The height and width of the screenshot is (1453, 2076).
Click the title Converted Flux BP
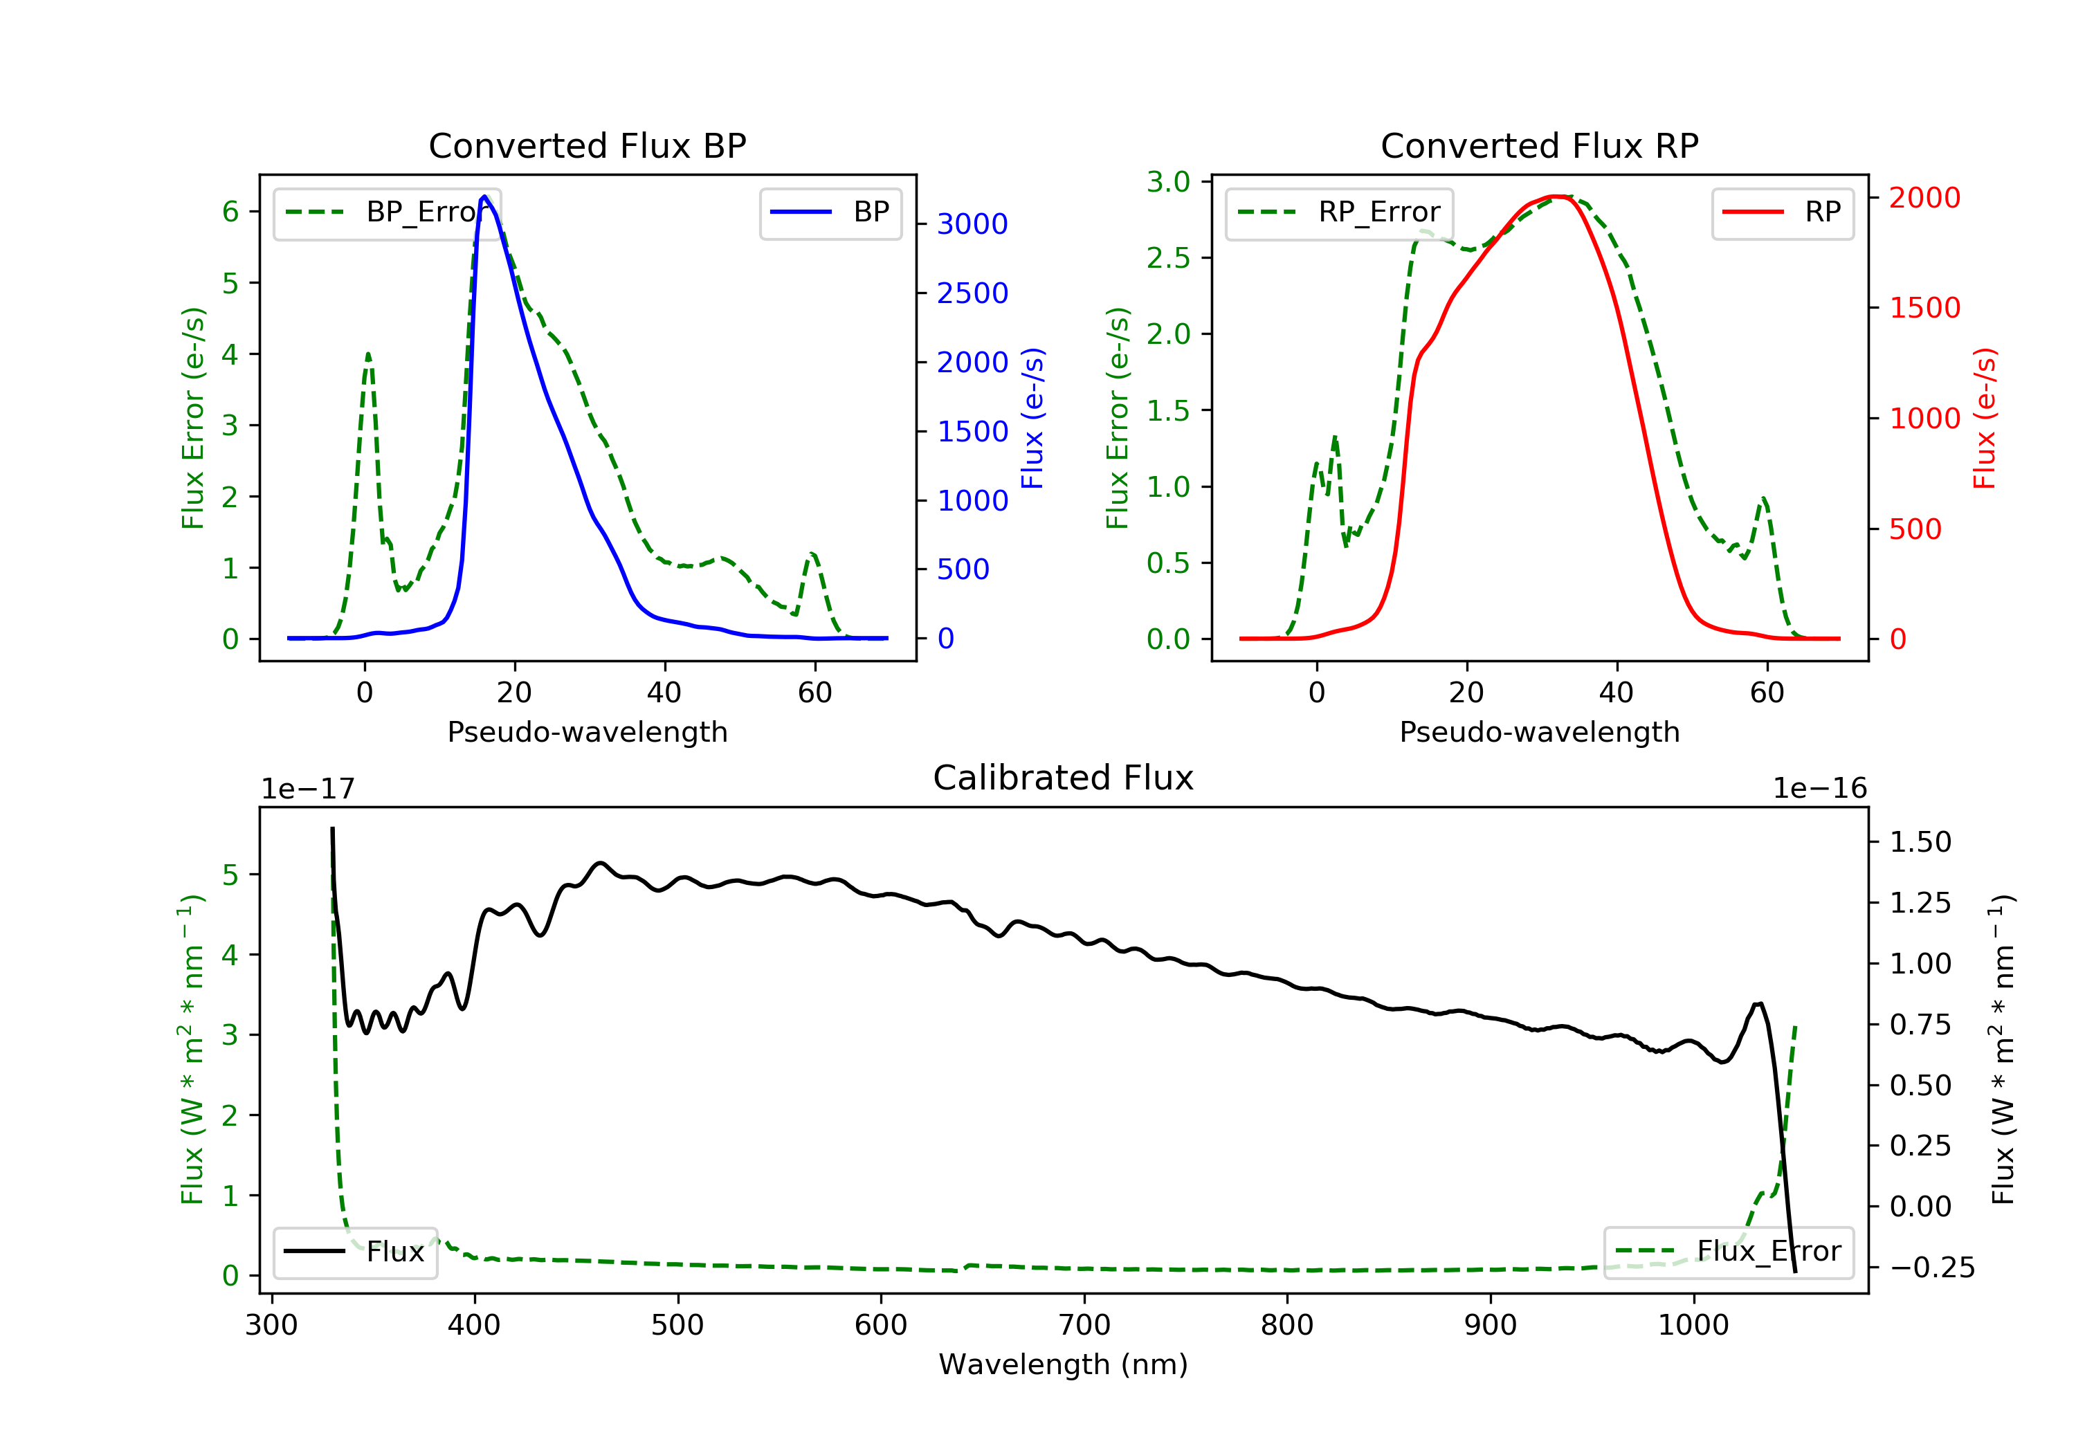click(x=587, y=145)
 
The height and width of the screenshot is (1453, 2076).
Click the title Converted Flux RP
click(x=1539, y=145)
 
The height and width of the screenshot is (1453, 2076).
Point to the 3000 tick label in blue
click(x=972, y=224)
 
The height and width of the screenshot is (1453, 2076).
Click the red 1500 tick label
click(x=1924, y=309)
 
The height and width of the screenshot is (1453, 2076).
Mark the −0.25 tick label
click(x=1931, y=1268)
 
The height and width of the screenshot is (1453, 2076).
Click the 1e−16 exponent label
click(x=1819, y=789)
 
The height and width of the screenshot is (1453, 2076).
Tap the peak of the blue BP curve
click(x=484, y=197)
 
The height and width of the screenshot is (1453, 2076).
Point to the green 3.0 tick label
click(x=1167, y=183)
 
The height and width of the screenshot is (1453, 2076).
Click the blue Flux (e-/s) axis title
click(x=1032, y=418)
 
